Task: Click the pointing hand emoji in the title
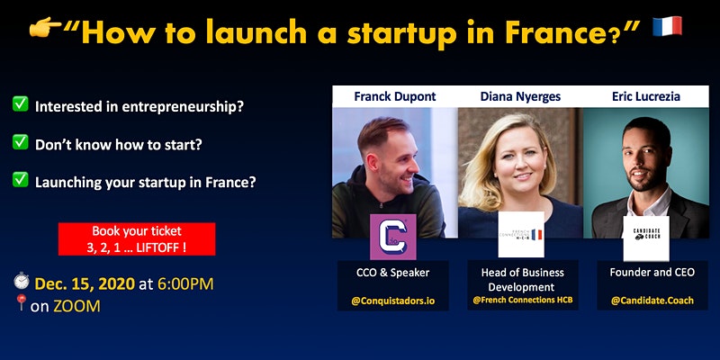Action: tap(45, 28)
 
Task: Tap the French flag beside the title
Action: tap(667, 27)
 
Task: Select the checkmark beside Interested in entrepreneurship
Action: tap(20, 103)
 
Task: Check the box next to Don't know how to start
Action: tap(20, 142)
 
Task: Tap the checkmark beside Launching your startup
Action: tap(20, 179)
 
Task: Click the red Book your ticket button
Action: tap(137, 239)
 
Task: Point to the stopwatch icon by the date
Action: tap(21, 281)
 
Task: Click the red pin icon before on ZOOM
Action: tap(21, 302)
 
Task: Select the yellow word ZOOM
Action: tap(76, 306)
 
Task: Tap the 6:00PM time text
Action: tap(185, 284)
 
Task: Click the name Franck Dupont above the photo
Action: tap(395, 97)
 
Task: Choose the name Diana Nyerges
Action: tap(520, 97)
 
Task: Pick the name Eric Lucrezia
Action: tap(645, 97)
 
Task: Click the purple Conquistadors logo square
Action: tap(393, 237)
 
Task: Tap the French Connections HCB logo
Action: tap(521, 235)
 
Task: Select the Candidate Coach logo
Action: tap(646, 238)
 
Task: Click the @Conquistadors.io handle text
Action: tap(393, 301)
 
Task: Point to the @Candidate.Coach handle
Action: tap(652, 301)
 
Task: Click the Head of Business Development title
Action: tap(523, 280)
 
